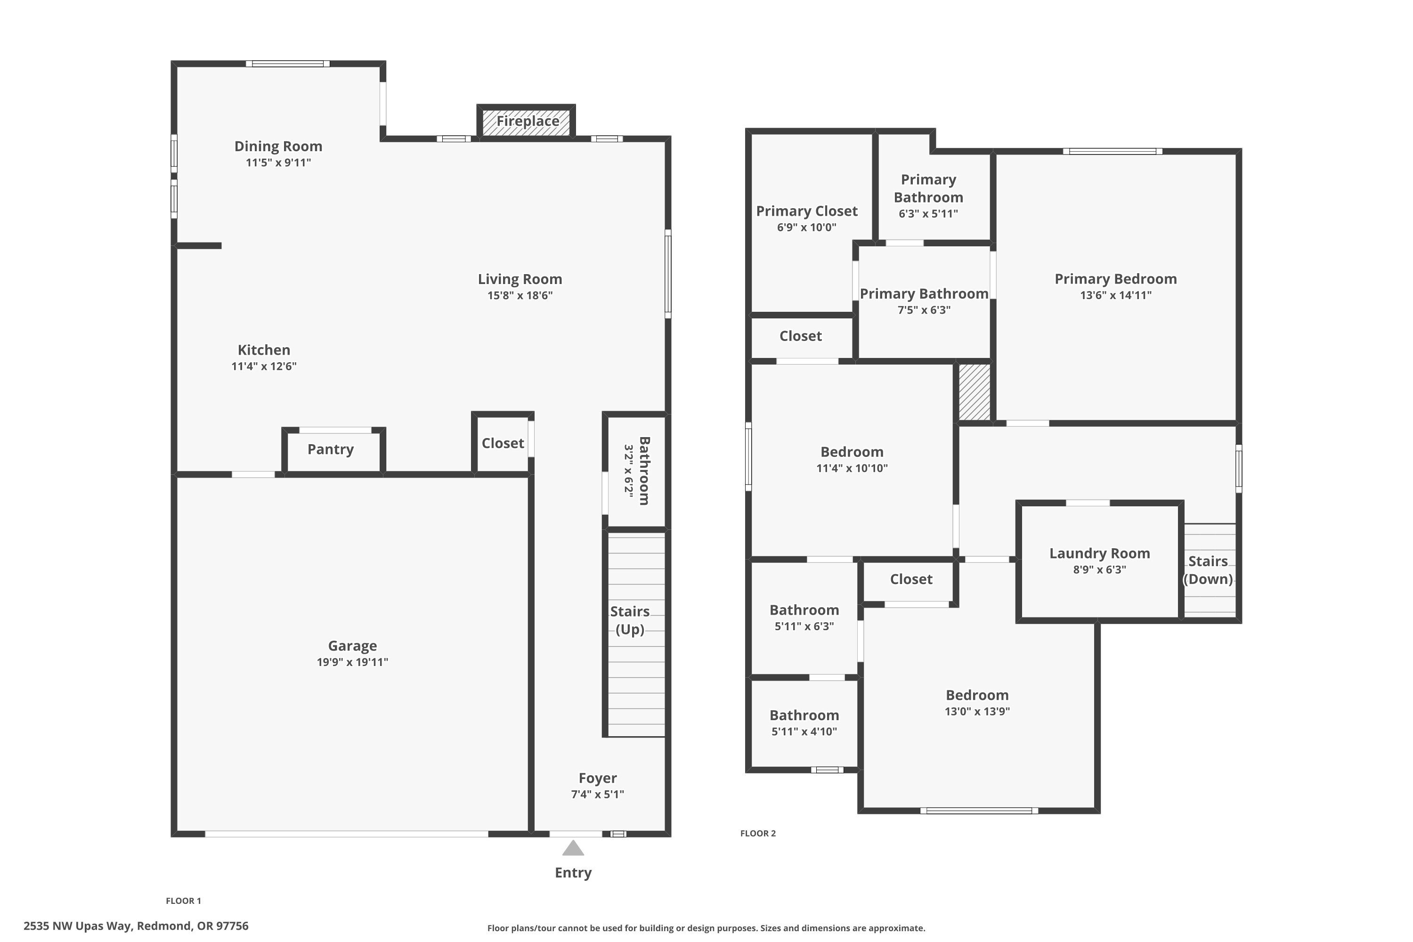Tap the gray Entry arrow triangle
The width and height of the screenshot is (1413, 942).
(573, 848)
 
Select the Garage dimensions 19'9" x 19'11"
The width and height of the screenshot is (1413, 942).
(353, 662)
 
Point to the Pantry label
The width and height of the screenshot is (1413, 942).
(331, 449)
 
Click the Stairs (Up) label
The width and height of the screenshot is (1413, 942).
(630, 620)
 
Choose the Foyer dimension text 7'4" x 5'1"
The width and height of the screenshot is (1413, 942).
(597, 794)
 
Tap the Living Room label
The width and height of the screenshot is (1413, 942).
(520, 279)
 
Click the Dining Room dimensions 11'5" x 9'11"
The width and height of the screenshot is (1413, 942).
(278, 162)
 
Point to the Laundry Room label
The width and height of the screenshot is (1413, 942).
(1099, 553)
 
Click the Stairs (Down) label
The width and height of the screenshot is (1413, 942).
(1208, 569)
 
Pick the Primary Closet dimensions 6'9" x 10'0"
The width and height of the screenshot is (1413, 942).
(806, 227)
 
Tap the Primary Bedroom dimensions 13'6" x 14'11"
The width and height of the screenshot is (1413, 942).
(1116, 295)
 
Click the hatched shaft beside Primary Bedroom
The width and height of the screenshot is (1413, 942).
(974, 392)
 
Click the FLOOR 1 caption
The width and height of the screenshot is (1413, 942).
(183, 901)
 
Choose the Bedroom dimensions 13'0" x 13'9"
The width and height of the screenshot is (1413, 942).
(977, 711)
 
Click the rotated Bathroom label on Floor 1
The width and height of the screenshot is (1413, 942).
(644, 471)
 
